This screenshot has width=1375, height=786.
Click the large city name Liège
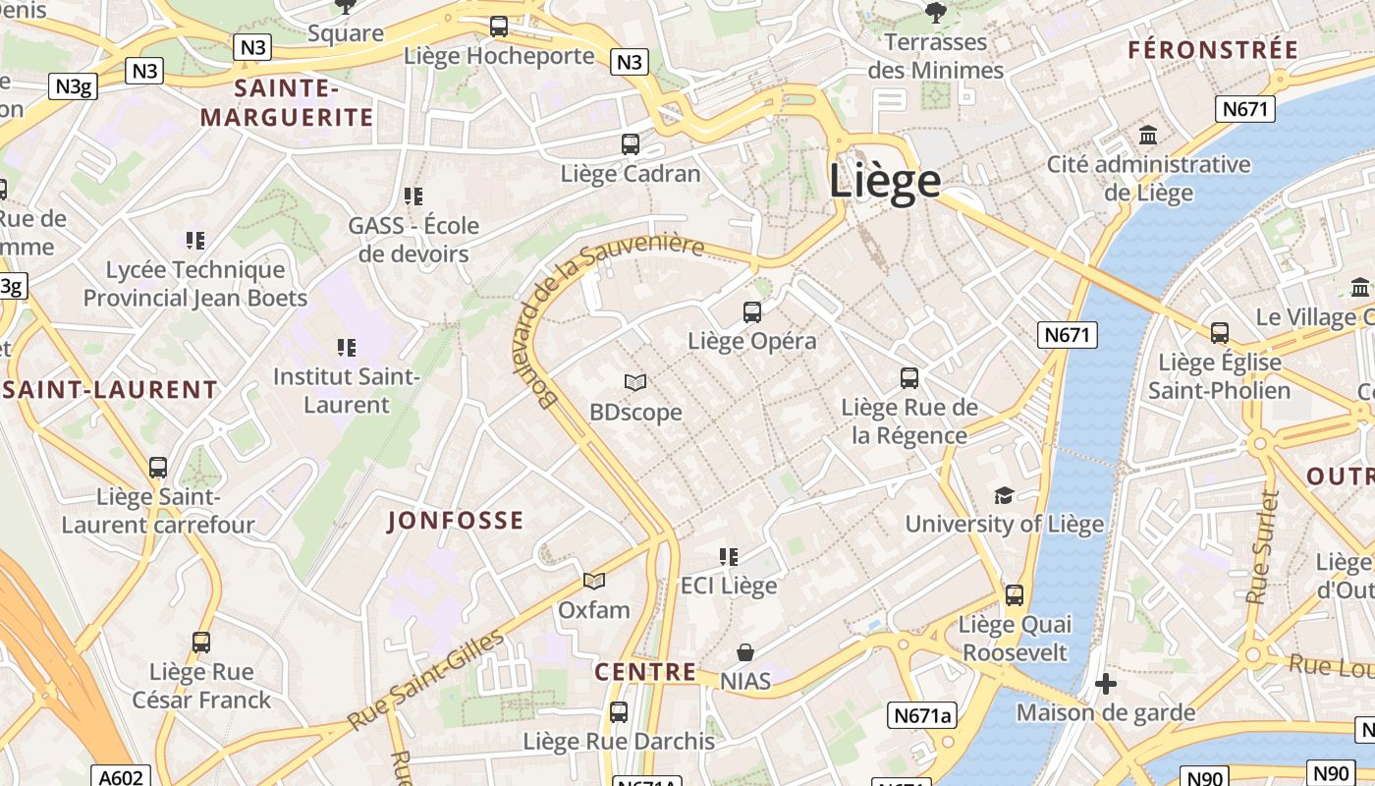click(885, 183)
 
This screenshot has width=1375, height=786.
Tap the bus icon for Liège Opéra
click(752, 312)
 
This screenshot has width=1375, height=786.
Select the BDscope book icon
click(635, 382)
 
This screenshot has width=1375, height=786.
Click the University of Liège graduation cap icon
click(1004, 495)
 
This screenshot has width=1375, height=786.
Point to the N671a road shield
click(923, 715)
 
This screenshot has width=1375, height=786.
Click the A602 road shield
click(122, 777)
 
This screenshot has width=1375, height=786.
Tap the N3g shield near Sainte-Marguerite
click(73, 86)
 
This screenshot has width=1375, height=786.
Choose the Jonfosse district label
click(456, 521)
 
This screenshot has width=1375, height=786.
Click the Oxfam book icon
click(593, 581)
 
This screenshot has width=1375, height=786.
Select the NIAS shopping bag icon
click(745, 652)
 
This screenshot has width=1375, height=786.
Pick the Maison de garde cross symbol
click(1106, 683)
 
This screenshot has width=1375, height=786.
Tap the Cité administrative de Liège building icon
click(1147, 135)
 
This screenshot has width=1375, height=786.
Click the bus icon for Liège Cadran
click(631, 144)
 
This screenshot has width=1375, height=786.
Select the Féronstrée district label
click(1213, 50)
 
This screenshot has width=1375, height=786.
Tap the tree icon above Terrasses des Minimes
click(935, 12)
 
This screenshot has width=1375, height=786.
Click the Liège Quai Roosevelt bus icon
click(1015, 594)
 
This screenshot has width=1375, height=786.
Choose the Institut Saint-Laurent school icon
click(346, 347)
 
